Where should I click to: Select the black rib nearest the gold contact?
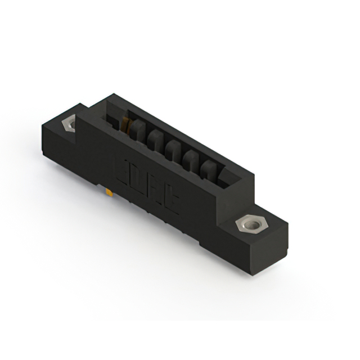137,130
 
